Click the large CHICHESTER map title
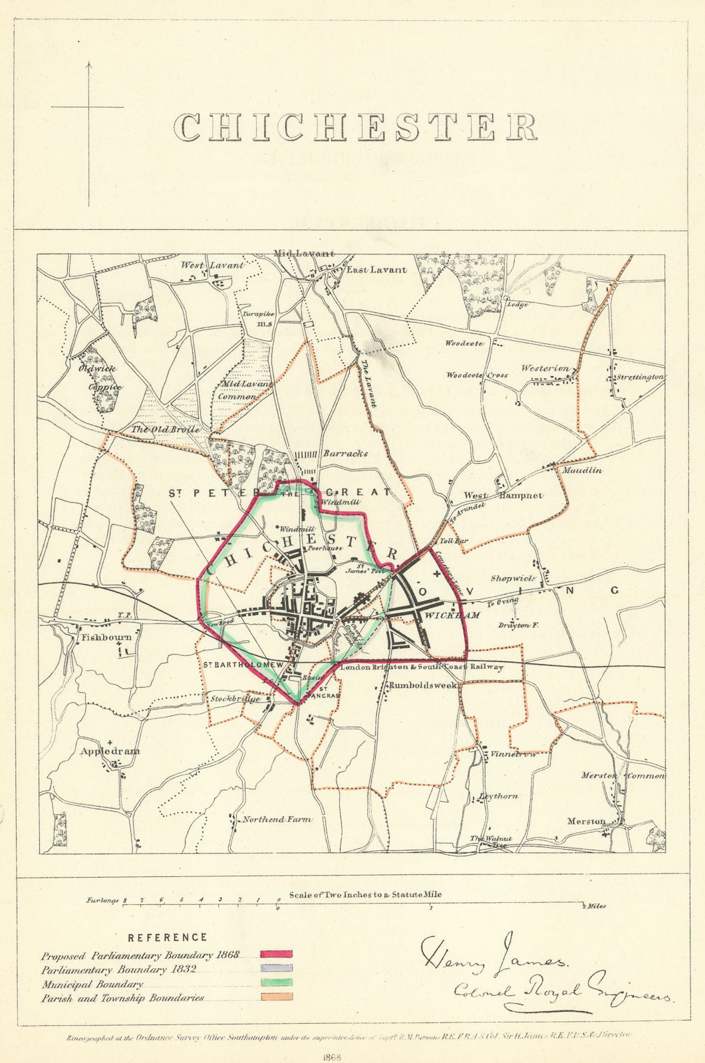coord(355,128)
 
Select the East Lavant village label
coord(376,270)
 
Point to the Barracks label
coord(345,454)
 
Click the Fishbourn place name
coord(106,636)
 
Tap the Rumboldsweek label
coord(422,684)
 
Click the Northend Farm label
coord(276,820)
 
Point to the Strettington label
coord(639,377)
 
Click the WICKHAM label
coord(452,616)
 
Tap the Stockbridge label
coord(235,699)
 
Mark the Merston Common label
coord(623,775)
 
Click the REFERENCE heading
coord(168,937)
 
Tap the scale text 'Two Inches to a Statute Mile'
coord(365,894)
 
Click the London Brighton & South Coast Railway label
coord(421,667)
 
